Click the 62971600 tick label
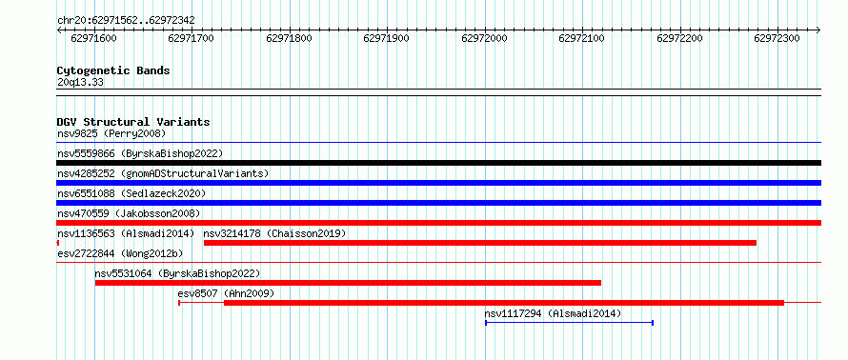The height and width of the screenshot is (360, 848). [x=93, y=38]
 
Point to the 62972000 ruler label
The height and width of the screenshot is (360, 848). [x=484, y=38]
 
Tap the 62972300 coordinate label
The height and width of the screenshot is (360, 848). [x=777, y=38]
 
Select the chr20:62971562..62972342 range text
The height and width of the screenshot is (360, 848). [x=126, y=21]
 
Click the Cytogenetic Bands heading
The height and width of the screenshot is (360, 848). [x=113, y=70]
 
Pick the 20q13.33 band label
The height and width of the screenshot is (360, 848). [x=80, y=83]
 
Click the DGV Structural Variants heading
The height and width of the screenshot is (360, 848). [x=133, y=122]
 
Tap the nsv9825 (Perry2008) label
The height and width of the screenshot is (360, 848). [x=111, y=133]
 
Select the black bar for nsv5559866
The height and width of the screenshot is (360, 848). [x=438, y=163]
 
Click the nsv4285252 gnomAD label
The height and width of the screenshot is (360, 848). [x=163, y=173]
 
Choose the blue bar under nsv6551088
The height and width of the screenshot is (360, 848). [x=438, y=203]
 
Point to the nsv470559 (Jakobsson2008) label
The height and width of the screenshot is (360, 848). [x=129, y=213]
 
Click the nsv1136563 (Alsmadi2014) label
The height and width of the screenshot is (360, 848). [x=126, y=233]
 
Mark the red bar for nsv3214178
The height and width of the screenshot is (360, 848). [x=480, y=243]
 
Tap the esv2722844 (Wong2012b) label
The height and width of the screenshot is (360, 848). [x=120, y=253]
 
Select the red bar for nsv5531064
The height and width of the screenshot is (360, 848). [x=349, y=283]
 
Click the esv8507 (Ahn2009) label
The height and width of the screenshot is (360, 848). [x=226, y=293]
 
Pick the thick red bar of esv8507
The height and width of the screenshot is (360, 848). [x=504, y=303]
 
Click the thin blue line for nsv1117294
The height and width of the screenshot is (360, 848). [x=570, y=323]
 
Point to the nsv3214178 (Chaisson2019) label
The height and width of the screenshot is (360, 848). [x=274, y=233]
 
